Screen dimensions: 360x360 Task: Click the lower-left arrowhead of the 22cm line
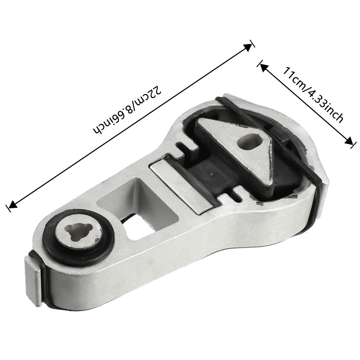[11, 205]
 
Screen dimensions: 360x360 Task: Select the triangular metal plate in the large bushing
[234, 144]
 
